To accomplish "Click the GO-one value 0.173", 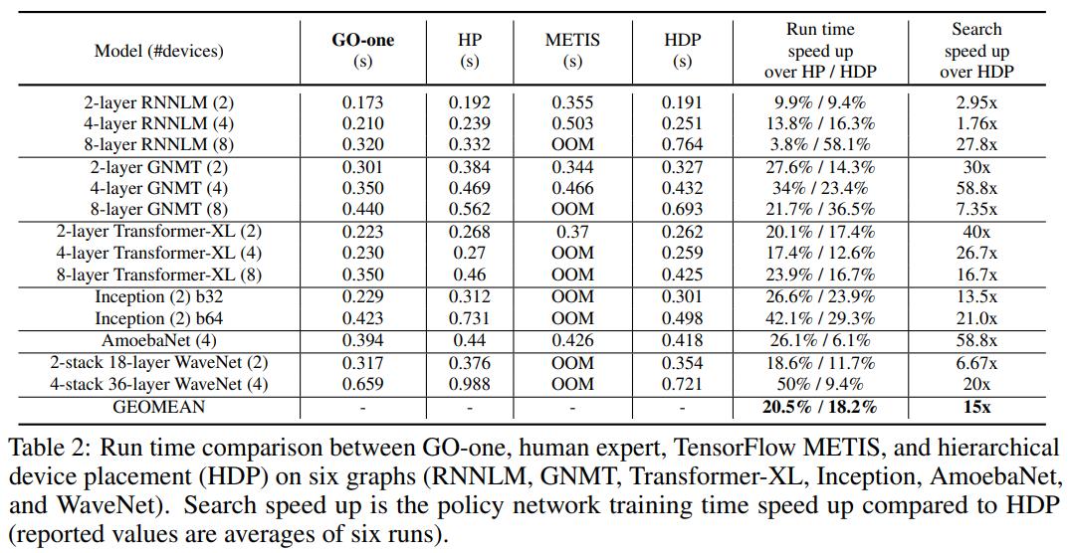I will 362,102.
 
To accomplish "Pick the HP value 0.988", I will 469,384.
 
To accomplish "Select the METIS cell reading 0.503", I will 572,123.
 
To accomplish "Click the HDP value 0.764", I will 682,145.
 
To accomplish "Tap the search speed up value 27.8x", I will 976,145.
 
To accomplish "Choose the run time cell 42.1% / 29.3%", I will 820,319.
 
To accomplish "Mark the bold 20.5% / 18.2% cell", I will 820,407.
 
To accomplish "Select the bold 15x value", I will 976,407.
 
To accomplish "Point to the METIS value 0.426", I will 572,341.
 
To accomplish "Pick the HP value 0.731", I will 469,319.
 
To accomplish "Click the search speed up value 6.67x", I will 976,363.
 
